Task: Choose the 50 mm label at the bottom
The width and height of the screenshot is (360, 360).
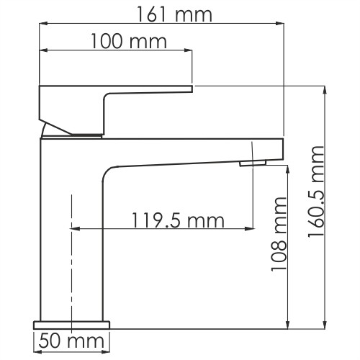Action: [x=70, y=339]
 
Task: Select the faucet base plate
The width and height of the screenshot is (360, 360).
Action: [x=71, y=322]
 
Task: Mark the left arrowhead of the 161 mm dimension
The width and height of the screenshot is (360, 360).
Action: [x=42, y=24]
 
